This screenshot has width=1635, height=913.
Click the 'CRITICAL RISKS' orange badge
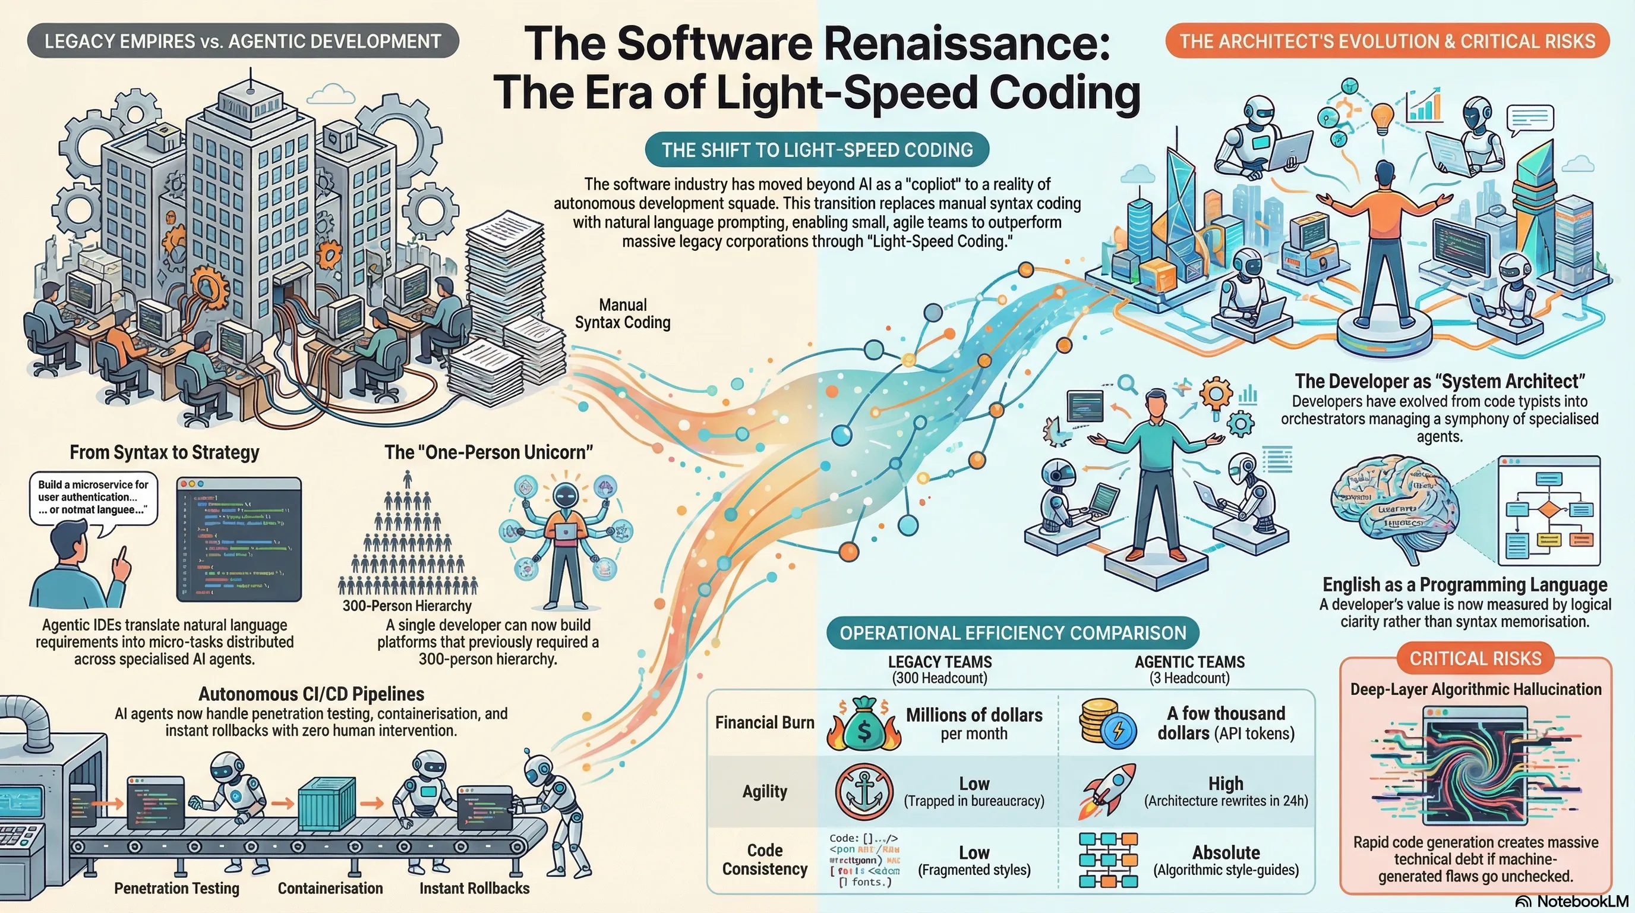tap(1475, 659)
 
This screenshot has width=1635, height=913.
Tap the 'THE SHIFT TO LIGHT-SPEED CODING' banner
tap(817, 150)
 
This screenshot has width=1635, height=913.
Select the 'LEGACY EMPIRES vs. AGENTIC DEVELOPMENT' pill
tap(242, 41)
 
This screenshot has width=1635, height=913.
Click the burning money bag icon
tap(863, 725)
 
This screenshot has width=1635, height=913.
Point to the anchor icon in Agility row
tap(864, 792)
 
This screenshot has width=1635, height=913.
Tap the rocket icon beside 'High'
tap(1106, 791)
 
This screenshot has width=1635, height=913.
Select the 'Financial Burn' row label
tap(764, 723)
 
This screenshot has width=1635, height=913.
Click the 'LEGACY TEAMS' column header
tap(939, 662)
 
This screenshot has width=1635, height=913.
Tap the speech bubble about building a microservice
tap(93, 497)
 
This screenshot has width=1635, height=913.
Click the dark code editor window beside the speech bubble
tap(239, 540)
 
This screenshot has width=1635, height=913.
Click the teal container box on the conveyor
tap(326, 803)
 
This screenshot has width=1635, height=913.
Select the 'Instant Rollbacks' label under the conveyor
tap(474, 887)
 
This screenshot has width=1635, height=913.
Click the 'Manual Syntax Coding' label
tap(623, 314)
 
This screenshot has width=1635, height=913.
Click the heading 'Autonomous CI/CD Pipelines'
tap(311, 693)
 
